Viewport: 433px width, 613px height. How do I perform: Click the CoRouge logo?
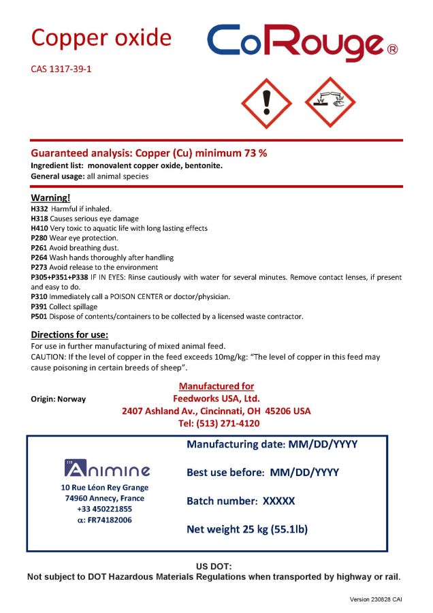click(x=302, y=43)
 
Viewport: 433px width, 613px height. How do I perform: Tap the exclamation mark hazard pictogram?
click(x=267, y=103)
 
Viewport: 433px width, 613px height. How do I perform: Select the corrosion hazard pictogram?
click(x=330, y=103)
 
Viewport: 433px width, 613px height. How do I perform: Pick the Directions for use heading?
click(x=70, y=334)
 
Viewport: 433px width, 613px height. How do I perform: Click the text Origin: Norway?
click(x=59, y=398)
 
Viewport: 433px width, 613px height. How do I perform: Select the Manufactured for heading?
click(x=216, y=386)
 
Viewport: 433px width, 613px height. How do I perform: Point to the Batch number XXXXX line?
click(x=241, y=501)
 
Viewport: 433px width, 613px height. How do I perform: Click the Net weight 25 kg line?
click(x=247, y=529)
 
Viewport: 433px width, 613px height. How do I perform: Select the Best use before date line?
click(x=263, y=472)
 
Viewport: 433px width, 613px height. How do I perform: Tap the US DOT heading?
click(x=214, y=566)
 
